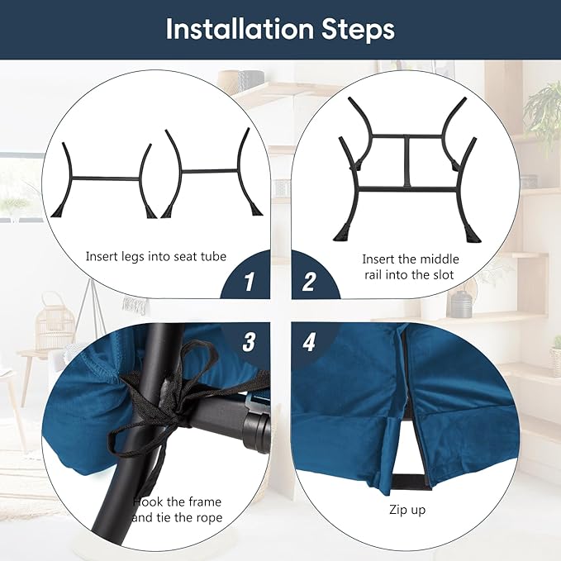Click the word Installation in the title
[240, 29]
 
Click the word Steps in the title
[358, 30]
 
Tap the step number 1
[249, 281]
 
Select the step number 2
[309, 281]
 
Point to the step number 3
[249, 342]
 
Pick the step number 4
[309, 342]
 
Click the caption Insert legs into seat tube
[156, 257]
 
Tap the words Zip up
[407, 510]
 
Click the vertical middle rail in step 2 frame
[407, 161]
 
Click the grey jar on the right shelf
[460, 305]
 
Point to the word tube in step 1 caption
[214, 256]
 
